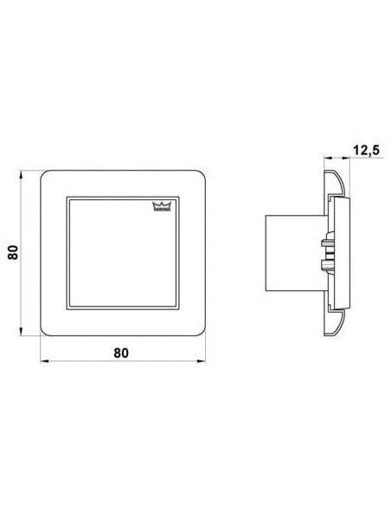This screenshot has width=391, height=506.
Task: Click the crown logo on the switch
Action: pos(161,206)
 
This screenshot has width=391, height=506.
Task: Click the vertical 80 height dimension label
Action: pos(13,253)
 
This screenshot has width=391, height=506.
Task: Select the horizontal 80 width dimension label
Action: pos(121,353)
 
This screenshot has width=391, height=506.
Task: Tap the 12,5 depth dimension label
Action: pos(367,151)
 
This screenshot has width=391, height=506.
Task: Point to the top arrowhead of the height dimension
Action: pos(21,174)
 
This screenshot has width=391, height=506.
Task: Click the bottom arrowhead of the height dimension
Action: pos(21,332)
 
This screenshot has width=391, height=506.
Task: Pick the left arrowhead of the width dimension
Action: pos(44,361)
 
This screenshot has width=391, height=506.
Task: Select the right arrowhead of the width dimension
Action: pos(202,361)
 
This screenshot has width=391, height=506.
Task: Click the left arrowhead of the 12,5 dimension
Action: pos(328,158)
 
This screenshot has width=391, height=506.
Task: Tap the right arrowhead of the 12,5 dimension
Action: pos(345,158)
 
